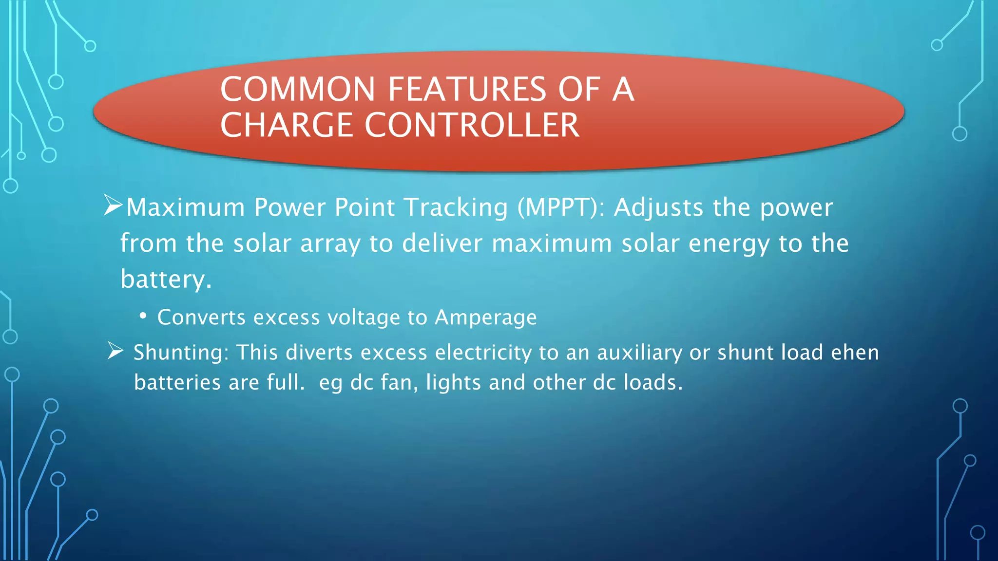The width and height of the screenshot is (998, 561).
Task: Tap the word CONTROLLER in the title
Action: [x=472, y=126]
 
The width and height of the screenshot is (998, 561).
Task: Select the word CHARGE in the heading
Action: [x=286, y=126]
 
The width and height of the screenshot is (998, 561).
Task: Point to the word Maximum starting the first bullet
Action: [x=185, y=208]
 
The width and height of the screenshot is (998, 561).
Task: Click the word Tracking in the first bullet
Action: [x=456, y=208]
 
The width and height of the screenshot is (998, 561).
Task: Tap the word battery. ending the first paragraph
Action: [x=166, y=280]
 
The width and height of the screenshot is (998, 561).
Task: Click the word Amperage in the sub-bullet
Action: [x=485, y=318]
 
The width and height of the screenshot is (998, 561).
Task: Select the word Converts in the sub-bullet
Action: [x=201, y=318]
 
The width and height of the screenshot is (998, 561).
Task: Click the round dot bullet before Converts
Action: [x=143, y=317]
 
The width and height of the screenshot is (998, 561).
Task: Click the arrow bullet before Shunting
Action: [x=115, y=351]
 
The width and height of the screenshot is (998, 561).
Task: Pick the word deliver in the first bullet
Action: [x=442, y=243]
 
